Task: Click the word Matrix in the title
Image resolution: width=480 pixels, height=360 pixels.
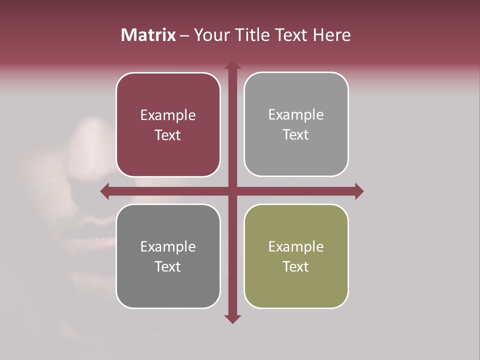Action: (x=148, y=35)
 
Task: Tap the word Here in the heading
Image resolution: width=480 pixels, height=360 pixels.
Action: (x=331, y=35)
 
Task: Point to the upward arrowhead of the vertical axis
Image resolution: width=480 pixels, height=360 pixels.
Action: (x=232, y=65)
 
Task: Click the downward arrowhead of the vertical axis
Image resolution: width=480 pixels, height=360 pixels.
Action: (x=232, y=318)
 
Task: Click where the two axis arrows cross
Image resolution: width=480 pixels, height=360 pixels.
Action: (x=232, y=191)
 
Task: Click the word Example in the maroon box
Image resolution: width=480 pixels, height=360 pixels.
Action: (x=168, y=115)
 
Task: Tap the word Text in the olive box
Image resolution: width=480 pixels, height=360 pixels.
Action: (x=296, y=266)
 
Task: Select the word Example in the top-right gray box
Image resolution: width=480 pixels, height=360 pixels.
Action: (x=296, y=115)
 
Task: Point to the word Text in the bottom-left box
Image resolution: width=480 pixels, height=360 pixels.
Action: (x=168, y=266)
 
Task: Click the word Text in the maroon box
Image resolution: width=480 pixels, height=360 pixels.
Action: (x=168, y=135)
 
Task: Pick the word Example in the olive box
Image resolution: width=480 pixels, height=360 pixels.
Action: (x=296, y=246)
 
